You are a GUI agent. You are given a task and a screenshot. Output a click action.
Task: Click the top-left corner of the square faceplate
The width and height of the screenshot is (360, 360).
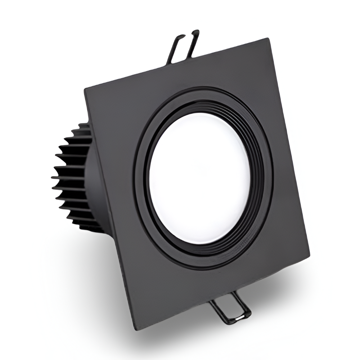tap(85, 88)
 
